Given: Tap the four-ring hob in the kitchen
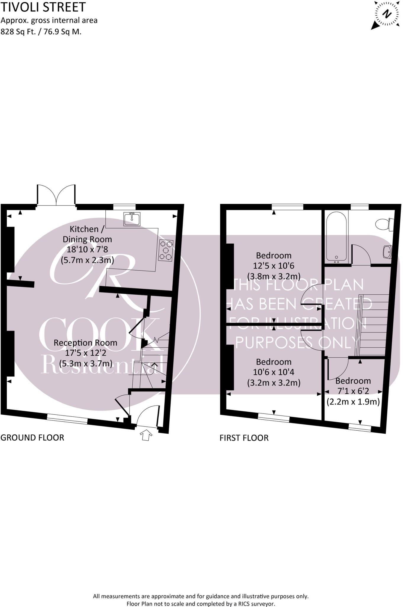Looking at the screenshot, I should coord(166,250).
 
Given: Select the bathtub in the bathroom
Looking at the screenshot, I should coord(336,237).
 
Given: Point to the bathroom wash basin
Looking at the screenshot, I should coord(387,252).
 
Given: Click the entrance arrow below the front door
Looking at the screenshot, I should coord(146,435).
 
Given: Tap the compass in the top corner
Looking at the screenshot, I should coord(386,15).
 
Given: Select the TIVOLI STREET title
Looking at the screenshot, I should coord(43,7).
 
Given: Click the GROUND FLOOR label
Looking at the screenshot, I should coord(32,437).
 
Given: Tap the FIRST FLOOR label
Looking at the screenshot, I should coord(244,438).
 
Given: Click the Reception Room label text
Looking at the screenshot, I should coord(85,343).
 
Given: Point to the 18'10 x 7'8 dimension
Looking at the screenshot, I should coord(87,249).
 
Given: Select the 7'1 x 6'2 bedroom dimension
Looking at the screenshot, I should coord(353,391).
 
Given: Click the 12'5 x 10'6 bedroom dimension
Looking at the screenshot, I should coord(274,266).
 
